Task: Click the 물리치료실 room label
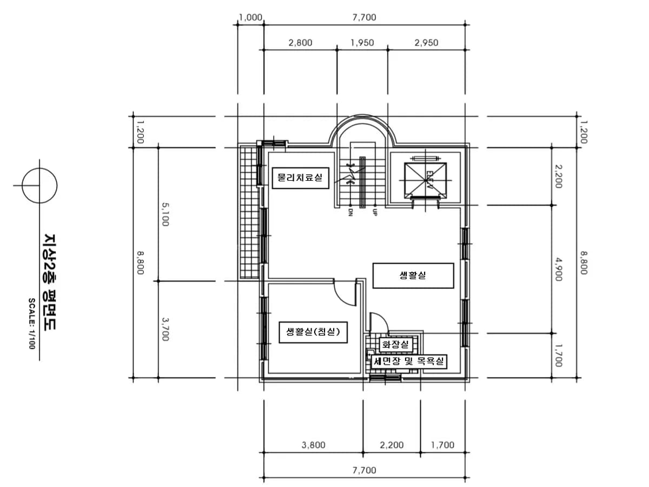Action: coord(300,178)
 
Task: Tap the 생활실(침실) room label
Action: coord(313,332)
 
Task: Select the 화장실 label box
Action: coord(395,344)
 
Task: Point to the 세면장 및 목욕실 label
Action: coord(409,361)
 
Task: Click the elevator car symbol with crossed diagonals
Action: coord(426,180)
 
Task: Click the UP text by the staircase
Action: coord(375,212)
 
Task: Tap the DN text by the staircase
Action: coord(350,212)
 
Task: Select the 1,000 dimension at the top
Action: coord(250,18)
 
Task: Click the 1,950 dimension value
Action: coord(362,43)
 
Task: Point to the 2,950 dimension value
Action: coord(426,43)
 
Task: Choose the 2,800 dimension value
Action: coord(300,43)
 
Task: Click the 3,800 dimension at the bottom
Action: coord(313,445)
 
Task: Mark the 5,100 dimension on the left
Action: coord(165,214)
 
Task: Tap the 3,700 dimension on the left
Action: coord(165,329)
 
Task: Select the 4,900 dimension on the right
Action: coord(559,269)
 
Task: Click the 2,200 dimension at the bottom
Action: coord(392,445)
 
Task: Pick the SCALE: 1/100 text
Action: coord(32,324)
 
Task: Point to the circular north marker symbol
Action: coord(39,186)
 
